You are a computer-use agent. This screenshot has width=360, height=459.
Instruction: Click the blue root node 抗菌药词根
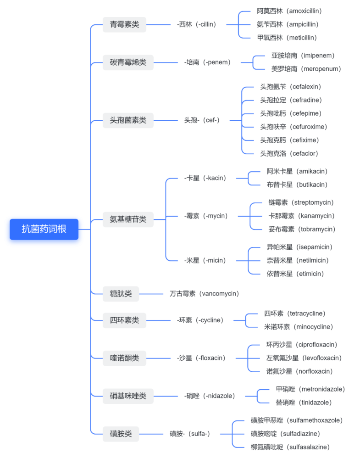(x=44, y=229)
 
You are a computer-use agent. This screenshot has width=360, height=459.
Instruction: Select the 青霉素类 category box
(x=124, y=24)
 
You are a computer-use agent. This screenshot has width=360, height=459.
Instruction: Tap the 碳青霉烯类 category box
(x=128, y=62)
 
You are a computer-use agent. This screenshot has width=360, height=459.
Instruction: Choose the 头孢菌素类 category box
(x=128, y=120)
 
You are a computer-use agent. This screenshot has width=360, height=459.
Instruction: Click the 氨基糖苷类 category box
(x=128, y=219)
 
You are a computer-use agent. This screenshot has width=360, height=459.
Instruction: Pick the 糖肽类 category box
(x=121, y=293)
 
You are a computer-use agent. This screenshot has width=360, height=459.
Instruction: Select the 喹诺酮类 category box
(x=124, y=358)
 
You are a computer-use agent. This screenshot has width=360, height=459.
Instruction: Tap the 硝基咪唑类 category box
(x=128, y=396)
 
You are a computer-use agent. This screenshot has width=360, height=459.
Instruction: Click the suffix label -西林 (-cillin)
(x=196, y=24)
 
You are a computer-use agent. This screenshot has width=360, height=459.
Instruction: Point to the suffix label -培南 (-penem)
(x=207, y=62)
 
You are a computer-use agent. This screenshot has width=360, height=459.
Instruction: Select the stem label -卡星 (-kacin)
(x=205, y=178)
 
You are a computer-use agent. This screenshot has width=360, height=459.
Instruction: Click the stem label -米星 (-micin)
(x=205, y=260)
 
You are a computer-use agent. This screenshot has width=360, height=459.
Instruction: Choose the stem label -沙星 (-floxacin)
(x=201, y=358)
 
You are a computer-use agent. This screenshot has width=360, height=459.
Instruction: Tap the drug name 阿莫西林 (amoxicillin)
(x=289, y=11)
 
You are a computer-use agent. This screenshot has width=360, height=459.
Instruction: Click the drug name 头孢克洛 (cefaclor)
(x=289, y=153)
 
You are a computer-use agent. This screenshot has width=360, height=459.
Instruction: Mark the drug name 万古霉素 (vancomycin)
(x=204, y=293)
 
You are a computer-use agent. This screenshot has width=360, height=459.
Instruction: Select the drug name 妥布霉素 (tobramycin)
(x=301, y=229)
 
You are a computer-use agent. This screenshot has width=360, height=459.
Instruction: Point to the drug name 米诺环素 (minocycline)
(x=298, y=327)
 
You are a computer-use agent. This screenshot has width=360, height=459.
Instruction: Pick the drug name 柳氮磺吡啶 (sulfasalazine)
(x=290, y=447)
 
